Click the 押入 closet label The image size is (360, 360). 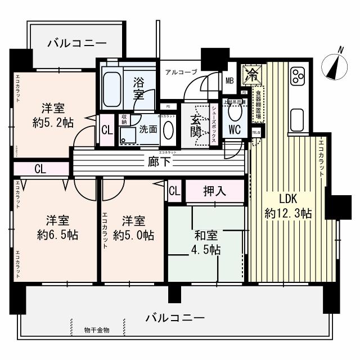coord(214,191)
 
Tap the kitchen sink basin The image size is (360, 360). coord(298,119)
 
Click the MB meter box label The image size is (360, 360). coord(229,80)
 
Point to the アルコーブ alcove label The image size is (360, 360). coord(181,71)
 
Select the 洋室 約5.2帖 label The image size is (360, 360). coord(54,115)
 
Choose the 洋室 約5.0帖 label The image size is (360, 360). coord(133,228)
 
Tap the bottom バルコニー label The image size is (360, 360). coord(175,318)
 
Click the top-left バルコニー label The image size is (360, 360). coord(76,42)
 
